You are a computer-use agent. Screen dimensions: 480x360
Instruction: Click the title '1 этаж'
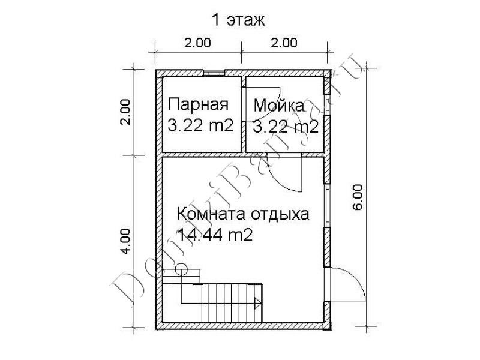[238, 20]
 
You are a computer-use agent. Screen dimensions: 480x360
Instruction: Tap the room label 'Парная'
[199, 104]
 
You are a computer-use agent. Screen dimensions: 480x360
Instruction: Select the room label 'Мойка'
[279, 106]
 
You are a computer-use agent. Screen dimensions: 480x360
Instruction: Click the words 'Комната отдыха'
[243, 214]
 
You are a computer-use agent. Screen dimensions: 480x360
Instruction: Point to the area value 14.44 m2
[215, 235]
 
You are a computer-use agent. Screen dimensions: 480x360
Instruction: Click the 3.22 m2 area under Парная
[201, 126]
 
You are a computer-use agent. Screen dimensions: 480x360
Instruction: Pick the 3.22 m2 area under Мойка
[286, 127]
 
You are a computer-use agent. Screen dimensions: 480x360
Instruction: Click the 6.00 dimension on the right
[358, 197]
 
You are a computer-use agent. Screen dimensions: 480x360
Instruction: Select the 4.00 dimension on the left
[126, 241]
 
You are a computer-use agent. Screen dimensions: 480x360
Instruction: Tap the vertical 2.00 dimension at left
[126, 112]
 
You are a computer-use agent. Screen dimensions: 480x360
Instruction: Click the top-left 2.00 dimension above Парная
[197, 43]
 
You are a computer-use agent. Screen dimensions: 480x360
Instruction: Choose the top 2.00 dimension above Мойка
[284, 43]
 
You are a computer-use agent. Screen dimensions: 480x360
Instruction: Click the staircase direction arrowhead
[258, 304]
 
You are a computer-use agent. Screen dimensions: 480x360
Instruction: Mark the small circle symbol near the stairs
[181, 269]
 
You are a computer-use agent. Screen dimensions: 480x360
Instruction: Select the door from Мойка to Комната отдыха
[284, 172]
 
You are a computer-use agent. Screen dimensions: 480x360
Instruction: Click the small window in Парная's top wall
[214, 73]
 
